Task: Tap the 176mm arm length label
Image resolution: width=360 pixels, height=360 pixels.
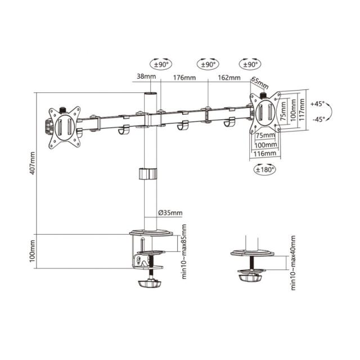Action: pos(184,78)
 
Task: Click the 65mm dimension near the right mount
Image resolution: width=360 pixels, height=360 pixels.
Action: pos(260,82)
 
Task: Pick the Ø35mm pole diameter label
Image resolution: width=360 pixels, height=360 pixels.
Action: pos(170,213)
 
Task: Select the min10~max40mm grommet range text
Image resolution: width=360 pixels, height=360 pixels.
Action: pos(293,263)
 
